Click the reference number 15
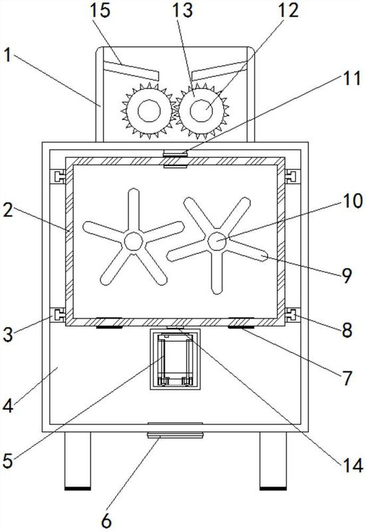point(100,10)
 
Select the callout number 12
point(288,10)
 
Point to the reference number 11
point(351,78)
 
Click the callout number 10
point(353,201)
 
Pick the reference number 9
point(347,276)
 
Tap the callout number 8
point(347,330)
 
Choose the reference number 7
point(347,378)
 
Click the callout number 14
point(352,465)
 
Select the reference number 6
point(106,521)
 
